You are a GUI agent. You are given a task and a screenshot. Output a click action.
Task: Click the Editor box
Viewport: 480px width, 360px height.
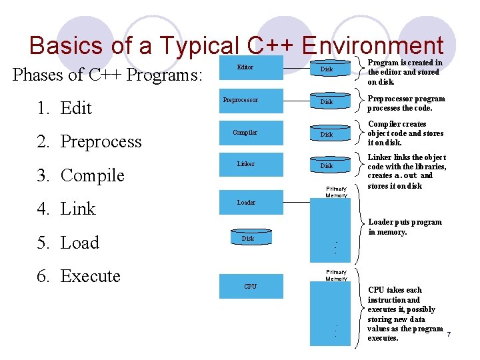click(x=245, y=68)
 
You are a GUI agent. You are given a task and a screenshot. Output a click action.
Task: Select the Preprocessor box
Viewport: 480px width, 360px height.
click(x=240, y=101)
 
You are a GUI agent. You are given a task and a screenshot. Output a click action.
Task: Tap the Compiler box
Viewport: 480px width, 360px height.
click(x=245, y=133)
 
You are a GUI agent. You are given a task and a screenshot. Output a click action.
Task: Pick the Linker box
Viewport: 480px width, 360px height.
click(x=245, y=164)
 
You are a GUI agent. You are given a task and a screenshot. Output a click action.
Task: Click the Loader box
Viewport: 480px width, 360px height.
click(x=245, y=202)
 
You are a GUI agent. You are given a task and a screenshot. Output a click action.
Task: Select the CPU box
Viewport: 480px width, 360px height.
click(x=250, y=287)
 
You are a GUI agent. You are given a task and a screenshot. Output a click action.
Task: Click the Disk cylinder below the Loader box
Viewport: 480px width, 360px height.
click(x=248, y=239)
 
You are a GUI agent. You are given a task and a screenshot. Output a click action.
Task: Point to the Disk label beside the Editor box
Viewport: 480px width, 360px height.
click(x=327, y=69)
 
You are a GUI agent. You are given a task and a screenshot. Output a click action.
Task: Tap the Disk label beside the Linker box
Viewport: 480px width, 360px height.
click(x=327, y=166)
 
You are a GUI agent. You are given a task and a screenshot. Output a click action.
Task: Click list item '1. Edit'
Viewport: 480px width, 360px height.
click(x=65, y=108)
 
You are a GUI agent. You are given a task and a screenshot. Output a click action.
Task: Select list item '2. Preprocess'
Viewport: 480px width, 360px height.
click(x=90, y=141)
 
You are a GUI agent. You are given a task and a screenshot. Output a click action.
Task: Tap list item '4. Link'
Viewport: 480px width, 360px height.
click(x=67, y=209)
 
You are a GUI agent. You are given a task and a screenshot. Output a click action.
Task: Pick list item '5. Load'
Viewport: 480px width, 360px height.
click(x=69, y=243)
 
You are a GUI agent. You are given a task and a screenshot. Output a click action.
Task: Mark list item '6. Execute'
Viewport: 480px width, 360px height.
click(x=79, y=276)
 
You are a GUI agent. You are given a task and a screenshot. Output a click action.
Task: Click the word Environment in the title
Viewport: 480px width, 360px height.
click(x=372, y=45)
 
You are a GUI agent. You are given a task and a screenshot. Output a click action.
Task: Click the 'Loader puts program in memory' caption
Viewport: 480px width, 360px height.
click(x=405, y=227)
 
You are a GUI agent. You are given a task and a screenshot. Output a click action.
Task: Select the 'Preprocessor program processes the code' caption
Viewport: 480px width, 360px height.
click(x=406, y=103)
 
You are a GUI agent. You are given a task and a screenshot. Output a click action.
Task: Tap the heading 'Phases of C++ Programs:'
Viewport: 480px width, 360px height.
click(x=107, y=75)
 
